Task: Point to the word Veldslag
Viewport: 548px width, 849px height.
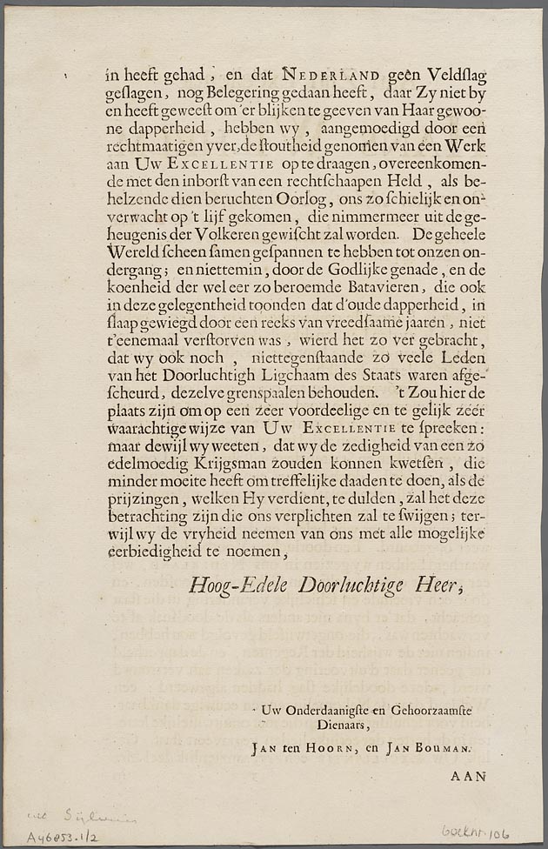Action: pos(438,75)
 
